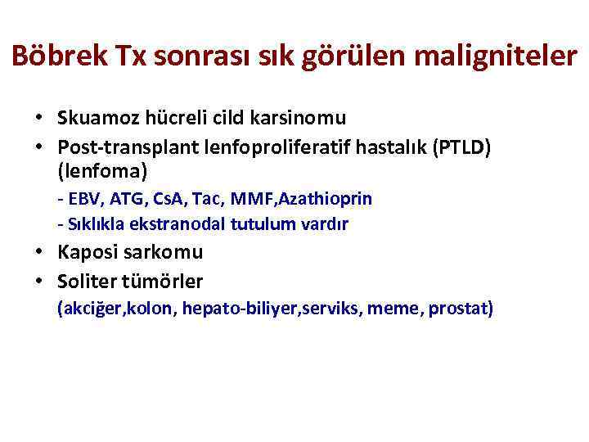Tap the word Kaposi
coord(88,253)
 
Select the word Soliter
coord(88,282)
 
